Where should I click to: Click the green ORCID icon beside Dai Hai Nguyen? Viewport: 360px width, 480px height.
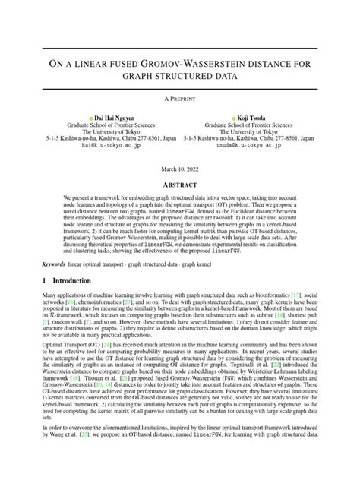87,118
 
